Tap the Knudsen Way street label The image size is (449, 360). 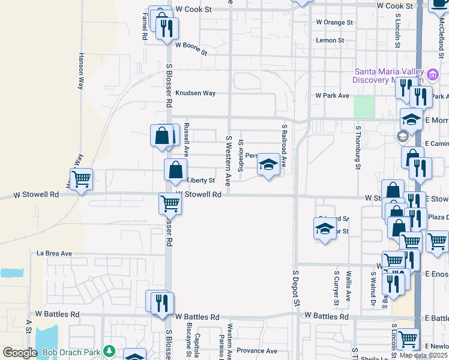195,94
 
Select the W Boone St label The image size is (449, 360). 191,49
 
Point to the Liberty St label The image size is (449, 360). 201,181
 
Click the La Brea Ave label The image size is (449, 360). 54,254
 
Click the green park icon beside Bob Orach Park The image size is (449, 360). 109,350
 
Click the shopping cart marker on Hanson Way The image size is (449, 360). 81,179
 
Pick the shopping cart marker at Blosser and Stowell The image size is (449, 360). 170,203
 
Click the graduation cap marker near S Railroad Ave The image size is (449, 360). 268,165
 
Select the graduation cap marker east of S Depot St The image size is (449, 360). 325,229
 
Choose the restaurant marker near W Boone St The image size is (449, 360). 167,27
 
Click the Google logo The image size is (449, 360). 20,353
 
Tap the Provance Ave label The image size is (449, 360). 257,351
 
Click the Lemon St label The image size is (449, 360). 330,41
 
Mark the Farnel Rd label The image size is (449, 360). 145,28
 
